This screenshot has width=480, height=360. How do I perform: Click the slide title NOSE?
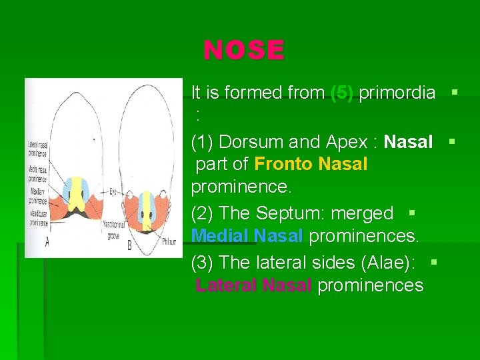[244, 50]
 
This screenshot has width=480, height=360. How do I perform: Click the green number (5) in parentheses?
[343, 93]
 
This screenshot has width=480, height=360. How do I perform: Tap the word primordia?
[397, 93]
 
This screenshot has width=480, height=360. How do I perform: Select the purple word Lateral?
[226, 285]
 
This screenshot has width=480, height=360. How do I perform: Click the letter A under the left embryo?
[47, 243]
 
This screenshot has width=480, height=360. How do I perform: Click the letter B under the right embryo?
[129, 245]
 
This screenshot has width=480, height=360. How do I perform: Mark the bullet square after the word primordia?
[454, 91]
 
